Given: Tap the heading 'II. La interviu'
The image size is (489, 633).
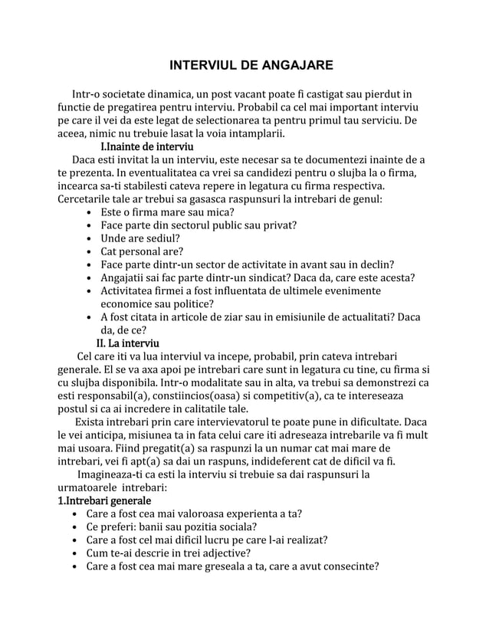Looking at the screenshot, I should tap(128, 341).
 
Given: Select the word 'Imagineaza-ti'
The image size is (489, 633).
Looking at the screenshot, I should tap(113, 474).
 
